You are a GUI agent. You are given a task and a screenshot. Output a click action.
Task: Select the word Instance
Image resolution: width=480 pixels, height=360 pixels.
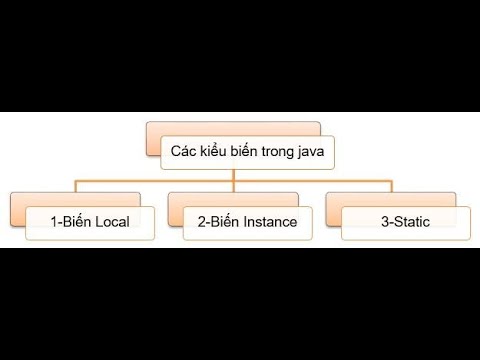coord(268,222)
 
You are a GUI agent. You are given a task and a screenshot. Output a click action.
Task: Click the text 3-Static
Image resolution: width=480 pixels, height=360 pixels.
coord(405,222)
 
